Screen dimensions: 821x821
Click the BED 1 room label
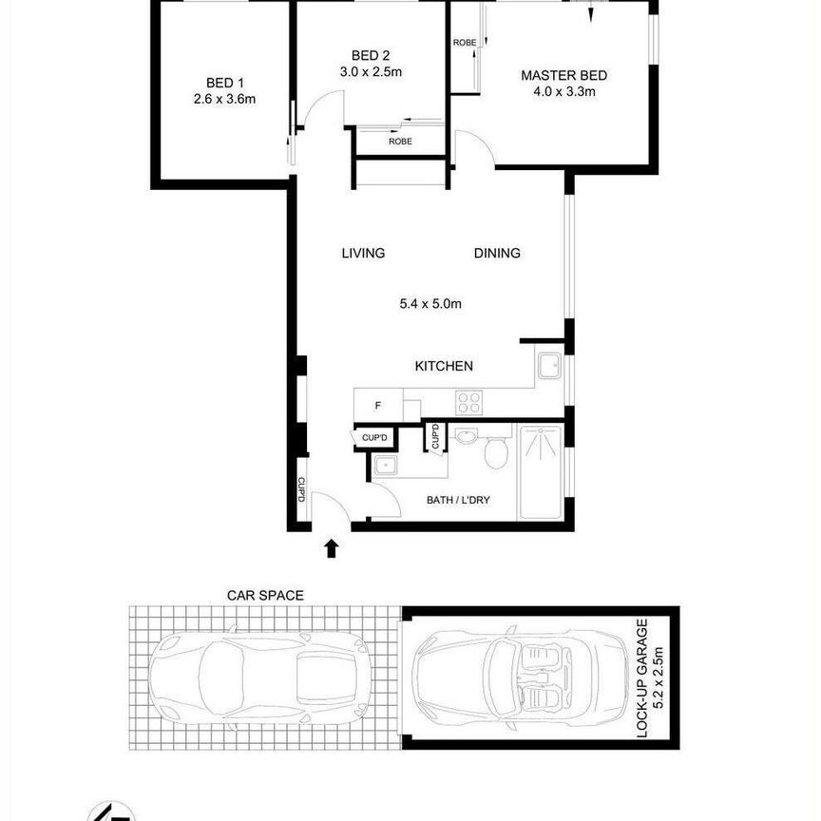(224, 83)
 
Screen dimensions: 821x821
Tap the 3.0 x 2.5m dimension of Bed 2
(371, 71)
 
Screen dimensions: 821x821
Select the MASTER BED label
(563, 75)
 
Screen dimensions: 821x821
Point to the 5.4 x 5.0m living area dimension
(430, 304)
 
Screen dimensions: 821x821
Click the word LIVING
(363, 254)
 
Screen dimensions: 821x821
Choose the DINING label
(497, 254)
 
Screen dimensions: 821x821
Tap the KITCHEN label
(444, 366)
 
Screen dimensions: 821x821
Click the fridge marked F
(378, 405)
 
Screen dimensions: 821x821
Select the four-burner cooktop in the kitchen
(468, 403)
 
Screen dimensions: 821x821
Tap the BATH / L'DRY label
(458, 500)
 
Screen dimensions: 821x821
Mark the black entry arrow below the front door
(331, 548)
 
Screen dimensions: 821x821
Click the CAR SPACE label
(265, 596)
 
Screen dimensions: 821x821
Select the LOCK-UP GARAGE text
(642, 678)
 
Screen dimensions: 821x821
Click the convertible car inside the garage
(521, 678)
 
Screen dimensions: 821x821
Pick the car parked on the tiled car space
(260, 678)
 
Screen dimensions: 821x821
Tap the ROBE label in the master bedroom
(465, 43)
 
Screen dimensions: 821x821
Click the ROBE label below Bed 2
(400, 142)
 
